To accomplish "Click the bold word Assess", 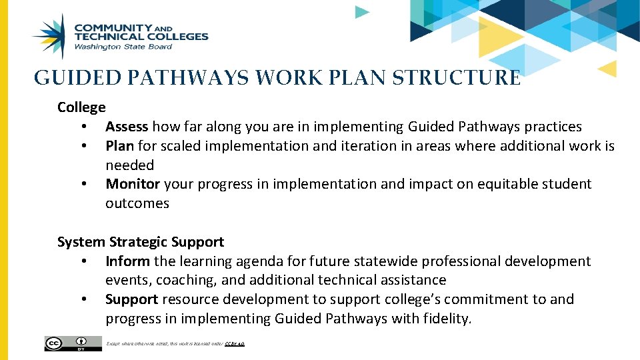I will [127, 127].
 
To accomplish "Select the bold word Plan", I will [120, 146].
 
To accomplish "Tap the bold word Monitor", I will [133, 184].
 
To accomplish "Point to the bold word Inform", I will [127, 261].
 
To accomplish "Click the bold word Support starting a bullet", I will [131, 299].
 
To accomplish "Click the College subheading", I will [81, 107].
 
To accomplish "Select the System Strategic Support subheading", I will [141, 242].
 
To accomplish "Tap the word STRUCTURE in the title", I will [457, 79].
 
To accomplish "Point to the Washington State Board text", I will [123, 47].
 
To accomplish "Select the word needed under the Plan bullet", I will [129, 165].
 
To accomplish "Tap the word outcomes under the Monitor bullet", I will [137, 203].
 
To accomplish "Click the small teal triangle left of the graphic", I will [361, 12].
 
